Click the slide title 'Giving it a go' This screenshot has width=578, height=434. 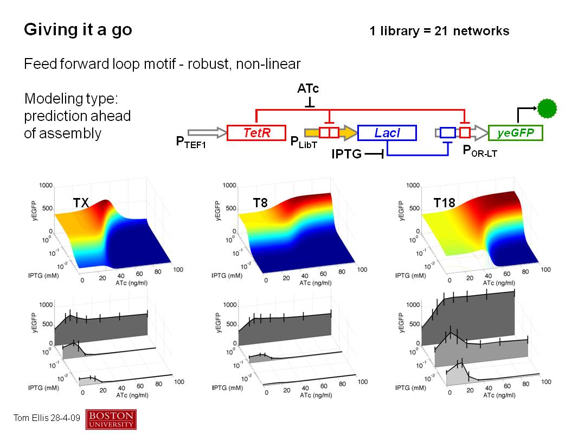pos(78,30)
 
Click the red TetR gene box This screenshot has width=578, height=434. pos(256,133)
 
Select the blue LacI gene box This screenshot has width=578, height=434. pos(387,133)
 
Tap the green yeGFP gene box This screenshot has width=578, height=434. pos(515,133)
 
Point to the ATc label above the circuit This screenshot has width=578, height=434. pos(308,88)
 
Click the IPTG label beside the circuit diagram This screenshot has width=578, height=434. pos(346,154)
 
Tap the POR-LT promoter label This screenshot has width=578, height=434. pos(479,151)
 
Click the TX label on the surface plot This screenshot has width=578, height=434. pos(81,203)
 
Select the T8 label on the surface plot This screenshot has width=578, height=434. pos(260,203)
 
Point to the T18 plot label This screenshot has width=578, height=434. pos(444,203)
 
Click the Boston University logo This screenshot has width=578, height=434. pos(111,419)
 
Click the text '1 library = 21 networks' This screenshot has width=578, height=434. pos(439,31)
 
